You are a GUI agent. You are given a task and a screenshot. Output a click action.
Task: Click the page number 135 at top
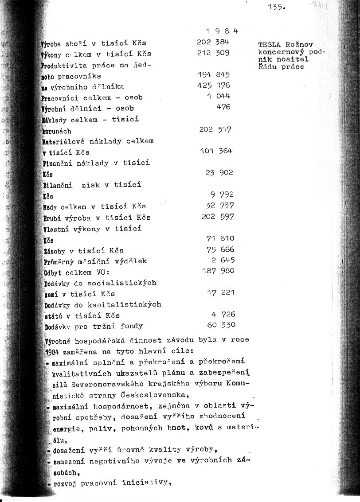pos(277,8)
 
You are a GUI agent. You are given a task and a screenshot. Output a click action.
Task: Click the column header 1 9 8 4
pos(222,31)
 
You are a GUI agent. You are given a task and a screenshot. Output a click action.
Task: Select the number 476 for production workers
pos(223,107)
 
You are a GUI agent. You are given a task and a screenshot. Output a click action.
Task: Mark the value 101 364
pos(216,151)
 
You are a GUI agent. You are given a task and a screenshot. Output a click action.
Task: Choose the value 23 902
pos(219,173)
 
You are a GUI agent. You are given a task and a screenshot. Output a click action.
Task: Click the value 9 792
pos(222,195)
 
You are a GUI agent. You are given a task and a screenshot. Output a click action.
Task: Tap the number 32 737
pos(220,206)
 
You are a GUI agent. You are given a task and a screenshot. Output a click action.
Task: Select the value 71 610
pos(220,238)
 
